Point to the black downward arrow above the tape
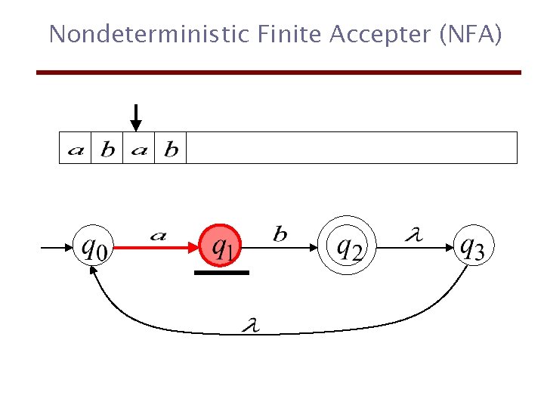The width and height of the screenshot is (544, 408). click(x=135, y=117)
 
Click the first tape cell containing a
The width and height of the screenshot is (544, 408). click(x=76, y=149)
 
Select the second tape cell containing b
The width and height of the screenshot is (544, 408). click(x=107, y=149)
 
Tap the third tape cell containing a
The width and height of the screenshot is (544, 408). click(x=139, y=149)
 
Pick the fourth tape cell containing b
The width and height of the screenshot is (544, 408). click(x=171, y=149)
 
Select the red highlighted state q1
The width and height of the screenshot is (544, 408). click(x=221, y=246)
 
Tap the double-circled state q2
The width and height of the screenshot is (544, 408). click(x=348, y=246)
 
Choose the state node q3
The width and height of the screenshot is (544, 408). click(x=473, y=246)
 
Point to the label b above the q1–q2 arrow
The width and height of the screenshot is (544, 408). click(x=280, y=235)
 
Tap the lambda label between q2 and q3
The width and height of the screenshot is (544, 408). click(x=413, y=236)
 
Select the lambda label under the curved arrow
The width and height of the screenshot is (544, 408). click(x=250, y=326)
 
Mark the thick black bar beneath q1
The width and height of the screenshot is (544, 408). click(x=221, y=272)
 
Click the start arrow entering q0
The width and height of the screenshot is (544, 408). click(x=53, y=246)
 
